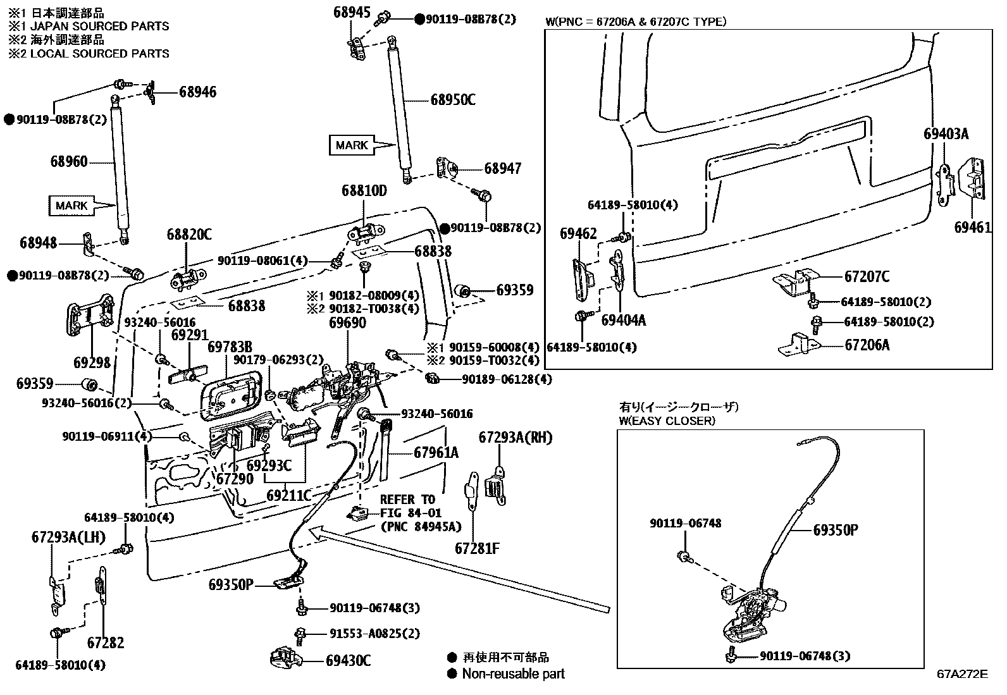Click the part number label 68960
pos(69,162)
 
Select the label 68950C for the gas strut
pos(453,100)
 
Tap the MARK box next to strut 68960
pos(71,206)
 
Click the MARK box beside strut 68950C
pos(352,145)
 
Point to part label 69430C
pos(348,661)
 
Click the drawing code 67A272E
pos(962,673)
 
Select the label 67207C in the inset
pos(867,276)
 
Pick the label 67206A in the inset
pos(867,345)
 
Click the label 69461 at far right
pos(973,227)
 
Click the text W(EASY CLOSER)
pos(667,421)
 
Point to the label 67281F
pos(477,548)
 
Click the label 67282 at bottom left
pos(106,643)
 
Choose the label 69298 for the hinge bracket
pos(92,362)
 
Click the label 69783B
pos(230,347)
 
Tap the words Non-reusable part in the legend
pos(513,673)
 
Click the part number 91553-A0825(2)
pos(374,633)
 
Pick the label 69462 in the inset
pos(578,234)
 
